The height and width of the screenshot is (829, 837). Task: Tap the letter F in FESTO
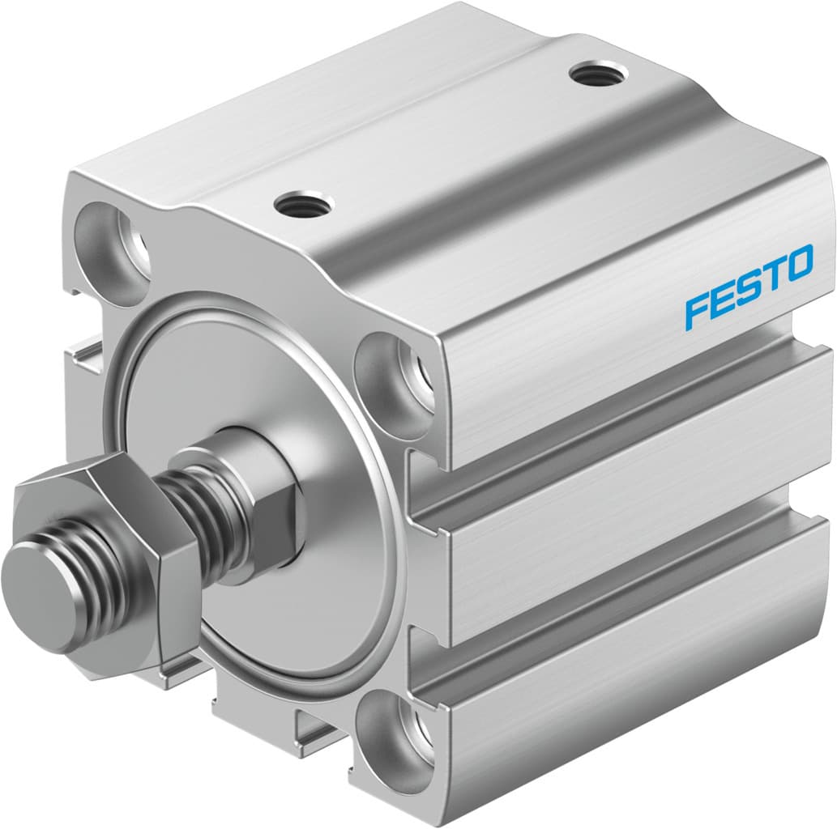[x=698, y=312]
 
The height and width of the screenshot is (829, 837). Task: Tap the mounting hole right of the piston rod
[x=397, y=373]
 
